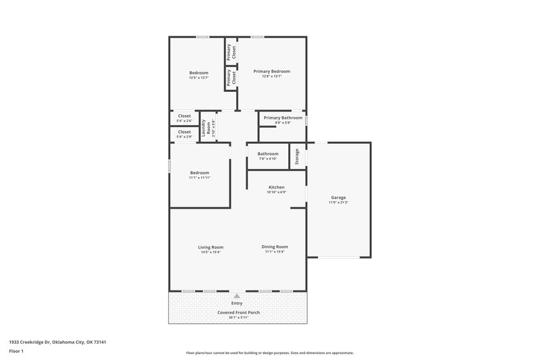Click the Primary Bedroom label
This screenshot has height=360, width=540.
[271, 71]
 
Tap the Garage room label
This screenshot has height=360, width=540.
[338, 197]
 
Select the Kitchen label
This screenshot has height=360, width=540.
[277, 187]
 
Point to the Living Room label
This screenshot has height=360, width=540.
[211, 247]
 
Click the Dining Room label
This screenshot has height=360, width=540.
[275, 247]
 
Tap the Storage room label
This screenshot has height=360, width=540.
[298, 156]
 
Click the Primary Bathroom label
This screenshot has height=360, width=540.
[283, 118]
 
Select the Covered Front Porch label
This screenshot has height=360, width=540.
[238, 313]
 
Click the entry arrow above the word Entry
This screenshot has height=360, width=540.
[237, 296]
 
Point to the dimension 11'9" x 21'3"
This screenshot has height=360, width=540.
[338, 203]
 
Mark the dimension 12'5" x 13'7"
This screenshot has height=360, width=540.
[198, 78]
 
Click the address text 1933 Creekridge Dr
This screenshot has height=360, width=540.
[57, 342]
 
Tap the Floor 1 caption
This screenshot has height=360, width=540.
[17, 351]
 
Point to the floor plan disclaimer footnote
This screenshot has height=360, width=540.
[269, 353]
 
